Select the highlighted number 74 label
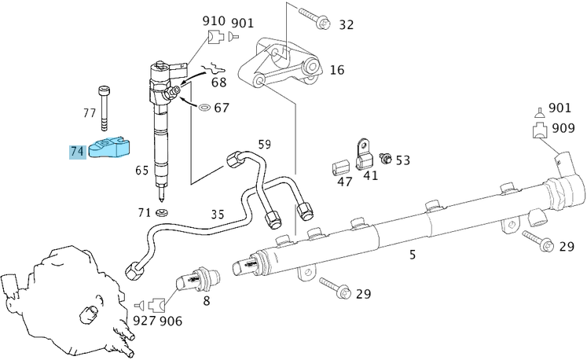pos(77,151)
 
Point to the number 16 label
pos(336,70)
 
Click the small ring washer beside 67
pos(202,106)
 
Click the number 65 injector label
pos(142,170)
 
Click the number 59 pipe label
pos(264,145)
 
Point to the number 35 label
pos(218,214)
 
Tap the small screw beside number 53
pos(385,160)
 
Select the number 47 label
pos(345,182)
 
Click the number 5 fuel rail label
pos(412,254)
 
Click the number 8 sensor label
pos(207,299)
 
